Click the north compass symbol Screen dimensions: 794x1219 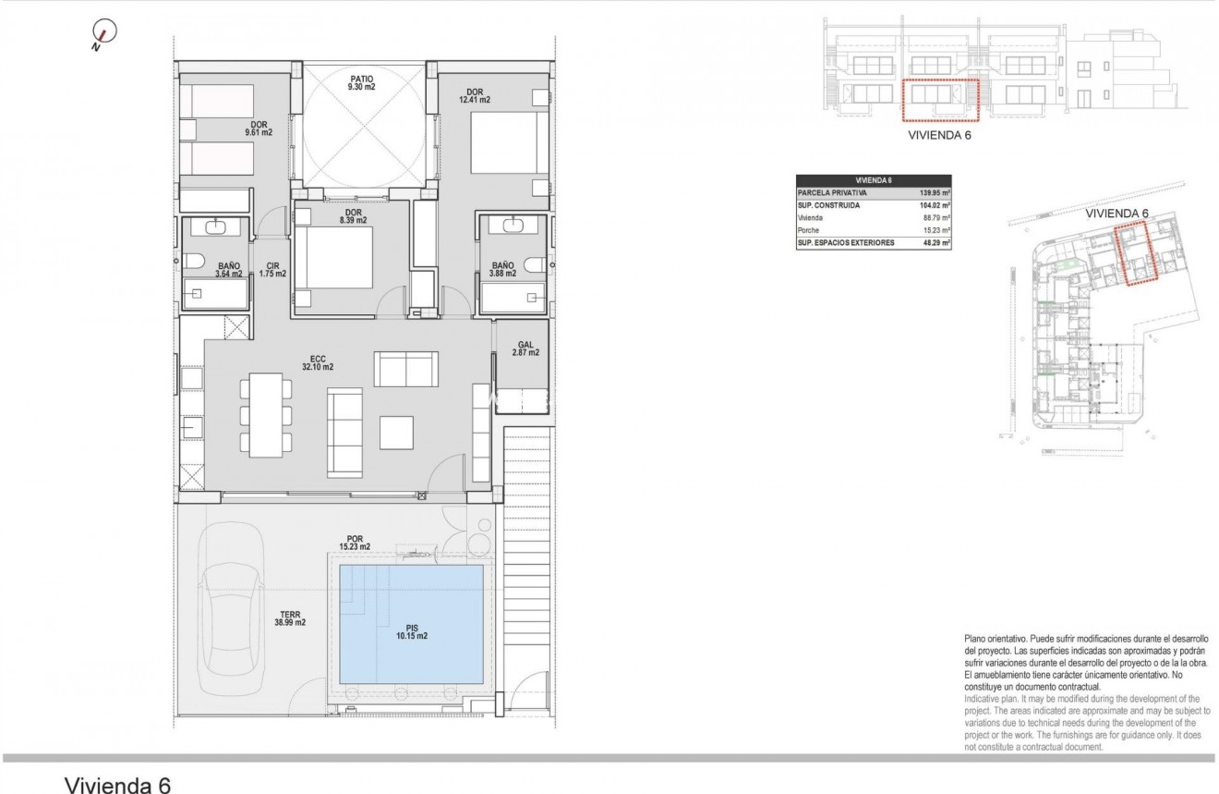105,34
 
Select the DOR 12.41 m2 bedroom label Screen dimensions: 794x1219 477,96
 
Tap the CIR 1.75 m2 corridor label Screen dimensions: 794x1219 272,270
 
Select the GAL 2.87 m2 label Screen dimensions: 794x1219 527,348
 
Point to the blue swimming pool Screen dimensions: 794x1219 411,623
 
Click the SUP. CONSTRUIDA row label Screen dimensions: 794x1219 830,205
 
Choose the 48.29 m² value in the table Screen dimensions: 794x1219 936,242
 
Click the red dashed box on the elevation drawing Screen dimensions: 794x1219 939,101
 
